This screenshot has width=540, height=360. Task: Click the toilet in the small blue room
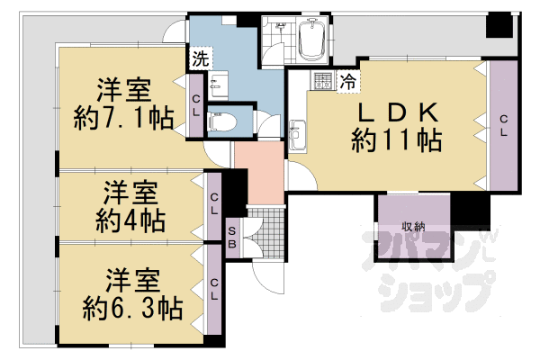click(x=222, y=121)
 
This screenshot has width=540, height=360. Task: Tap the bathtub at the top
click(x=312, y=40)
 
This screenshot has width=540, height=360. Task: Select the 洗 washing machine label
click(x=201, y=58)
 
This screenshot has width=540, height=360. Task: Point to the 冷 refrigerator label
click(x=347, y=81)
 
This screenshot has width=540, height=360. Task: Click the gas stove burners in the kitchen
click(x=323, y=81)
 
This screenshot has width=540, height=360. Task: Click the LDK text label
click(x=398, y=112)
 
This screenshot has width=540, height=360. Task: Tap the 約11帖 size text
click(x=397, y=140)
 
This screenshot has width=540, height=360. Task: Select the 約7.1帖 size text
click(x=123, y=118)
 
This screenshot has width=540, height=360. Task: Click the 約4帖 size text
click(x=130, y=220)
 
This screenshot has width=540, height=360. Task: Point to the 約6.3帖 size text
click(x=132, y=309)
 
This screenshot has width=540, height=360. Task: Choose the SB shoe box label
click(x=232, y=238)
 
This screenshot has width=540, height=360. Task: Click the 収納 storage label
click(x=413, y=227)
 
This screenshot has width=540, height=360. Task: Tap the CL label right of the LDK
click(x=503, y=126)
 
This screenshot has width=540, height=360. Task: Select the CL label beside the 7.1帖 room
click(x=195, y=106)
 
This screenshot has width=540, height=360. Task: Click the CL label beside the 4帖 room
click(x=214, y=204)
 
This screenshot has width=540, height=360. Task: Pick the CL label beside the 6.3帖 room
click(x=214, y=290)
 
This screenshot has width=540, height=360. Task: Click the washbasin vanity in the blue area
click(x=217, y=86)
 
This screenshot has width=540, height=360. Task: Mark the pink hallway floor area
click(x=259, y=172)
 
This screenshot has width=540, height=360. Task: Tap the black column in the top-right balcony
click(x=499, y=25)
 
